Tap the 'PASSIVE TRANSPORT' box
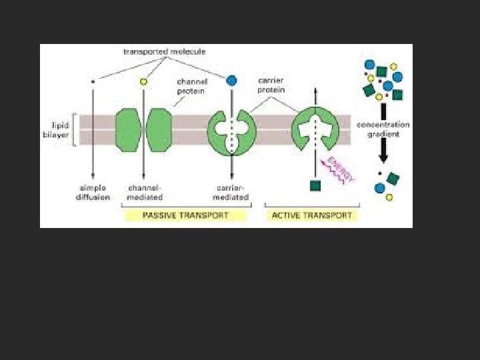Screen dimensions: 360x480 point(185,215)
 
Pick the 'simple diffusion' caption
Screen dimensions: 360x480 point(92,193)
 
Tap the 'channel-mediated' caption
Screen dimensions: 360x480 point(144,193)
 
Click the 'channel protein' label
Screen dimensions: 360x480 point(191,87)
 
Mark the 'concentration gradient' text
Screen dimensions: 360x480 point(383,129)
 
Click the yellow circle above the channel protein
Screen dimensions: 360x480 point(143,81)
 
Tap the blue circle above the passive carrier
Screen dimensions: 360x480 point(231,81)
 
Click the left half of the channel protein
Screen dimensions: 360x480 point(128,129)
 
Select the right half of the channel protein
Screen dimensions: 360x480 point(159,129)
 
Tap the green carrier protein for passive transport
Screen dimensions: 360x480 point(231,129)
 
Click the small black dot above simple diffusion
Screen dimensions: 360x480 point(93,81)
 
